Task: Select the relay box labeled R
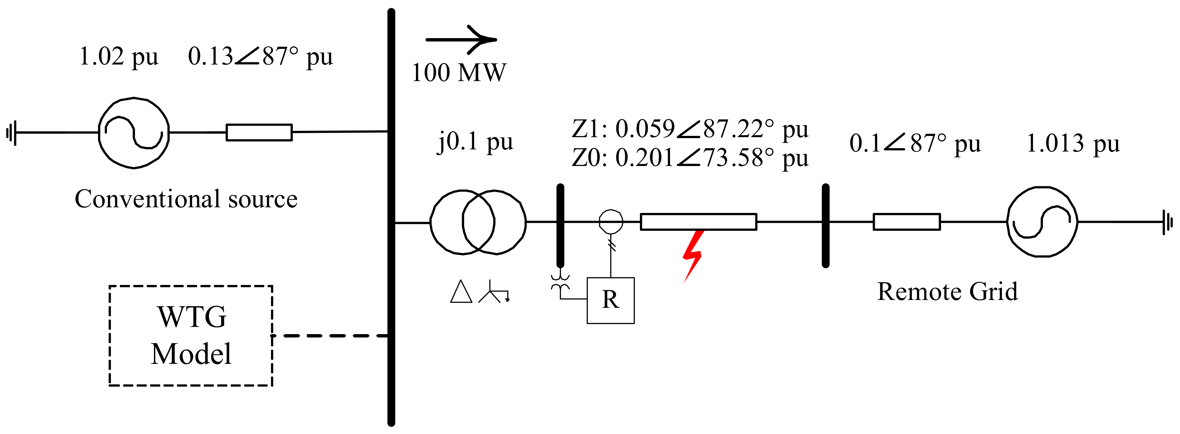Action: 610,300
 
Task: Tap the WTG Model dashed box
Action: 191,335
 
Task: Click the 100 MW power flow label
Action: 458,72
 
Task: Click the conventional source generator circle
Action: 134,133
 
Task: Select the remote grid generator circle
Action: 1042,222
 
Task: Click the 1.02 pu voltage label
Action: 119,57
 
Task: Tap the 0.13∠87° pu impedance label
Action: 260,57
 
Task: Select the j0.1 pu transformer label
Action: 475,141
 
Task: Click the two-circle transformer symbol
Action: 478,222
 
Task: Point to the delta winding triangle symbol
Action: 461,292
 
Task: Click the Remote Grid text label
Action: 947,292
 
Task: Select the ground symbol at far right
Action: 1167,222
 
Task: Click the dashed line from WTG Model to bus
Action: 330,335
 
